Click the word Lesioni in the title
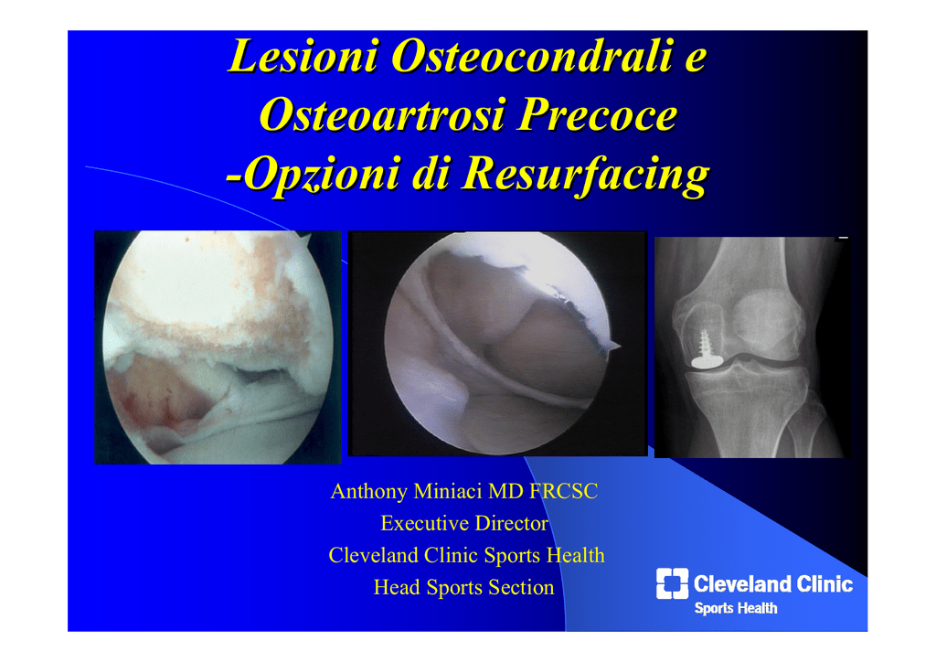pos(303,56)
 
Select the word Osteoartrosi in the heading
pos(382,114)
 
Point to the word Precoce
pos(598,114)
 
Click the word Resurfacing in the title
pos(587,175)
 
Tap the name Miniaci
pos(448,491)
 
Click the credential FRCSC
pos(564,491)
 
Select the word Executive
pos(425,524)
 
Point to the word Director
pos(511,524)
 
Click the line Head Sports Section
pos(463,587)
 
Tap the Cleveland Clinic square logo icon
pos(672,583)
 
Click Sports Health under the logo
pos(736,608)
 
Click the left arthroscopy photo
pos(218,347)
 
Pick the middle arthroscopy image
pos(498,344)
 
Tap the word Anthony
pos(369,491)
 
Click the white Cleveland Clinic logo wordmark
pos(773,583)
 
